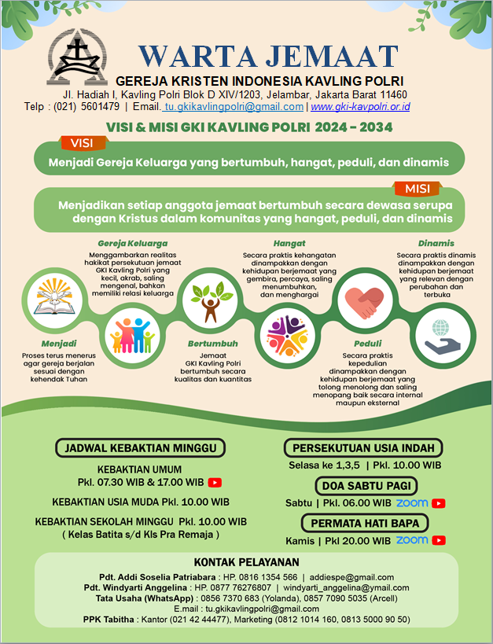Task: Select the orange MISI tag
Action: click(416, 189)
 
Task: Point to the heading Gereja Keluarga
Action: click(132, 243)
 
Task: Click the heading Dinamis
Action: click(436, 243)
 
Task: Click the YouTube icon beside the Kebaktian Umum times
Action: click(214, 482)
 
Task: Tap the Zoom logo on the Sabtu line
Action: click(412, 503)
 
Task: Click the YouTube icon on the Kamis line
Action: click(439, 540)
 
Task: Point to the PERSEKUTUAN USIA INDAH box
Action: click(364, 448)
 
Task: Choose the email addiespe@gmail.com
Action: click(357, 577)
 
